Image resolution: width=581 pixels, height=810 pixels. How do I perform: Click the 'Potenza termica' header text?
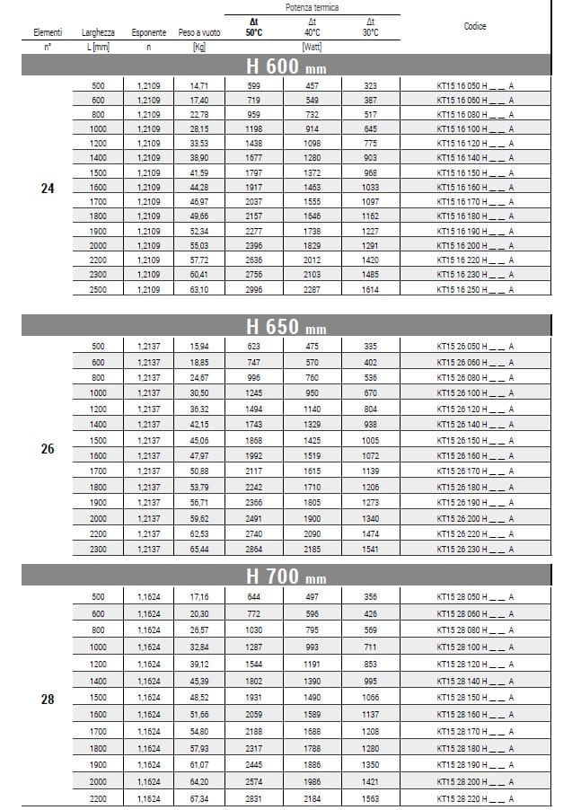313,6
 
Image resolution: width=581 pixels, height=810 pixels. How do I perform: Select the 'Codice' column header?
475,26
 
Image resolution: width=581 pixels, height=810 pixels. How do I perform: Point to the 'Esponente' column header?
149,32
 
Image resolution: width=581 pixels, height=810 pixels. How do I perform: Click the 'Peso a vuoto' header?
198,32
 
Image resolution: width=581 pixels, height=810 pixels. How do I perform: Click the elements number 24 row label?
48,189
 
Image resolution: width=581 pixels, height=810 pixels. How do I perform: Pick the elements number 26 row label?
48,448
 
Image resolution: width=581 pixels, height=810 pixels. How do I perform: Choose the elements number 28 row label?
48,699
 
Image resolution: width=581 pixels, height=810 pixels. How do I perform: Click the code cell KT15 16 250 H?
475,290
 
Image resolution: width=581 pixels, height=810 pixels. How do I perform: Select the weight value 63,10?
198,290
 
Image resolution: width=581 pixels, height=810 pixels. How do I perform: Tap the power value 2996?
255,290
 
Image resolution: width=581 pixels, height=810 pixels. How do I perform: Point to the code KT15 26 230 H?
475,549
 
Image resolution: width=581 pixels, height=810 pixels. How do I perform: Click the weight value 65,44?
198,549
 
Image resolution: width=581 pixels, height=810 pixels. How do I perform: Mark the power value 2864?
255,549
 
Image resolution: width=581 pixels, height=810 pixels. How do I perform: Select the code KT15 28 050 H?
475,596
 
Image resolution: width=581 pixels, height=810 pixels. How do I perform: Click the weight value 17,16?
198,596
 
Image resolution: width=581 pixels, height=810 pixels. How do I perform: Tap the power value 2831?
255,797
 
